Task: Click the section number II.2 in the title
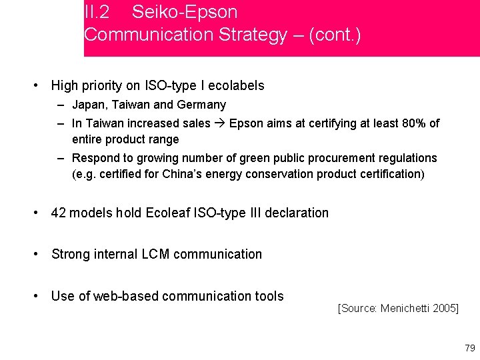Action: point(97,12)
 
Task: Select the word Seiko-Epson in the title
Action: point(185,12)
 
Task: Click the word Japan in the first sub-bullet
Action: point(87,105)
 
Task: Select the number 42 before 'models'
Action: point(59,213)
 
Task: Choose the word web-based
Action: point(124,296)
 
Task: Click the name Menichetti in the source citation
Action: point(405,309)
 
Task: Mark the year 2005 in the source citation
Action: point(443,309)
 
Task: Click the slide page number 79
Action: point(469,348)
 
